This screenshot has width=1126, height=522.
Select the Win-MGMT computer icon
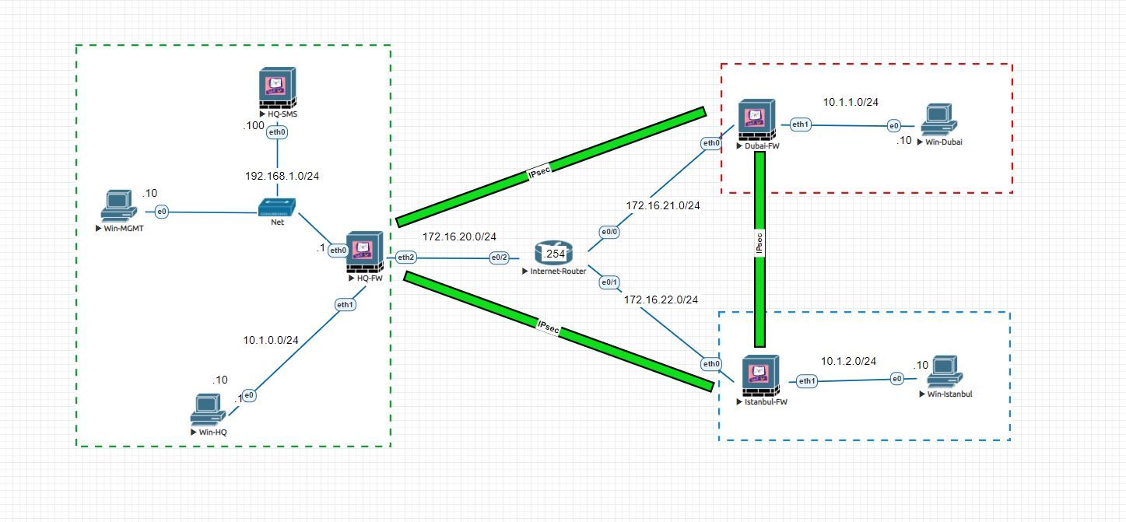(119, 207)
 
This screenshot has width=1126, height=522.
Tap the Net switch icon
(278, 208)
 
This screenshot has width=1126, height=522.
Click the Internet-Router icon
(553, 253)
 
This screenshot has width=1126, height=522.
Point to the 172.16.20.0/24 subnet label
(459, 236)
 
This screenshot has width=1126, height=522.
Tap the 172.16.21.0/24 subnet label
(663, 206)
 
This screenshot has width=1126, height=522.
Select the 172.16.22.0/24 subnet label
(661, 300)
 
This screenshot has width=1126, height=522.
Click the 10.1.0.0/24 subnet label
(270, 340)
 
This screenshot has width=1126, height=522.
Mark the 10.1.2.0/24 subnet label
(848, 361)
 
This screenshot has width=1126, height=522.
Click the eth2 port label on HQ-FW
(405, 257)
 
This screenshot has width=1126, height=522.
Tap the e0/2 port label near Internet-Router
(500, 257)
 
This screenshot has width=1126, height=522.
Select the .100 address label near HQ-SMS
(254, 125)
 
